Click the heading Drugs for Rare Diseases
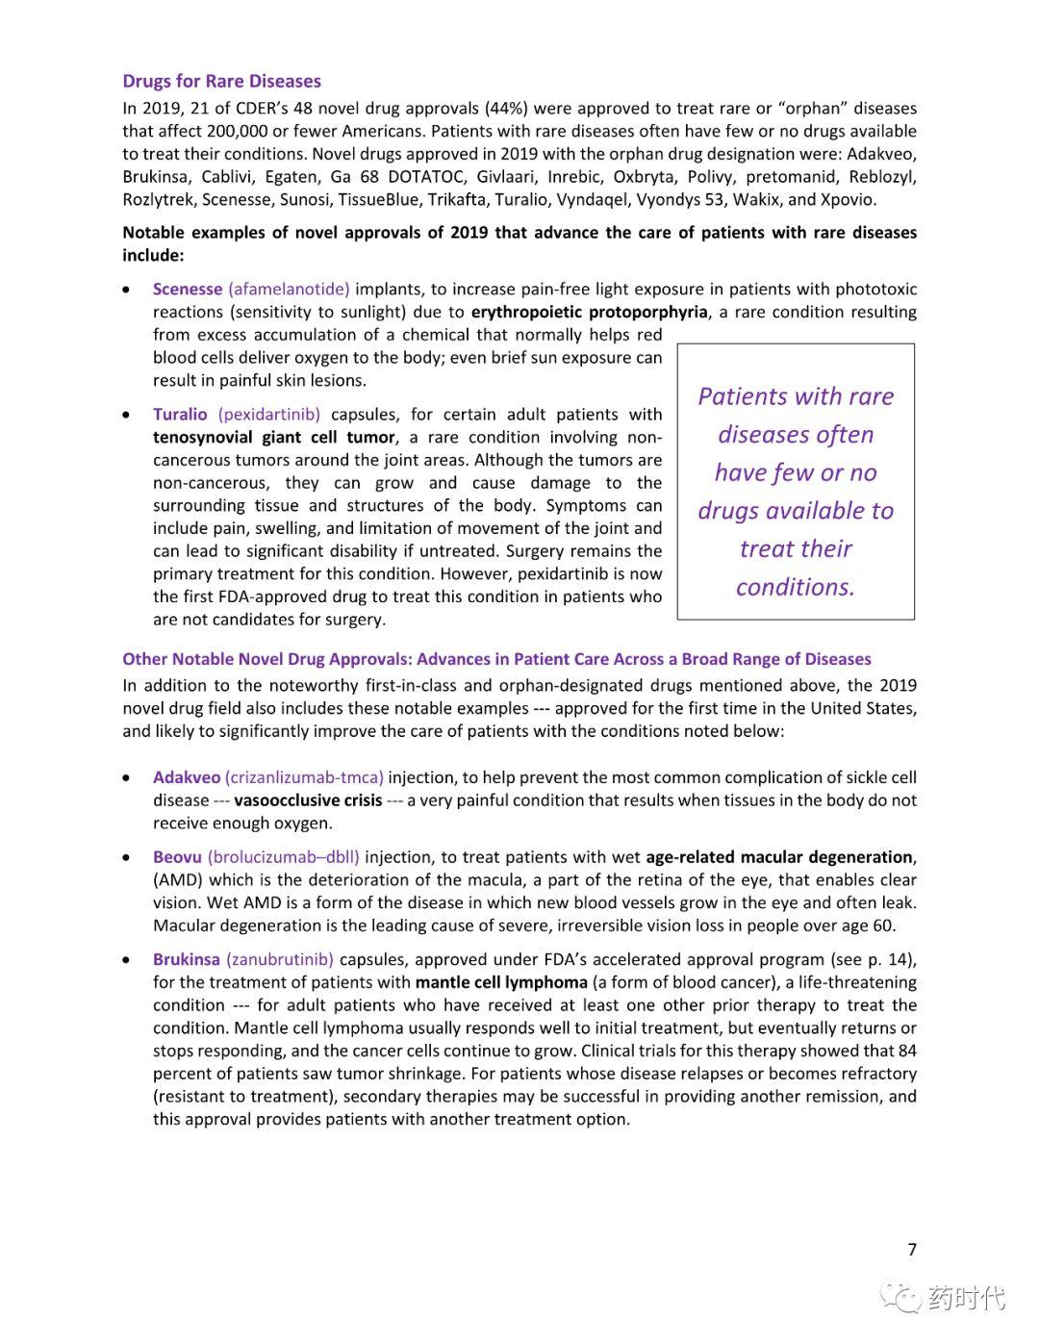pos(221,81)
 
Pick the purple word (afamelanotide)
pos(289,289)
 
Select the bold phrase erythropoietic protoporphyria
pos(589,312)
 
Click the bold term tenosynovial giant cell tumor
pos(274,437)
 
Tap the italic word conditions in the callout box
pos(795,587)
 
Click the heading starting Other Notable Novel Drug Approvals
pos(496,659)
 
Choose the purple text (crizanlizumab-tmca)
pos(304,777)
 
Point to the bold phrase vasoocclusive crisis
pos(308,800)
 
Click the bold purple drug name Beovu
pos(177,857)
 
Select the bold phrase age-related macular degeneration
pos(779,857)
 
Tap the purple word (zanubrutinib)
pos(280,959)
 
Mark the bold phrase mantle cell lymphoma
pos(501,982)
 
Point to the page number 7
pos(912,1250)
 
